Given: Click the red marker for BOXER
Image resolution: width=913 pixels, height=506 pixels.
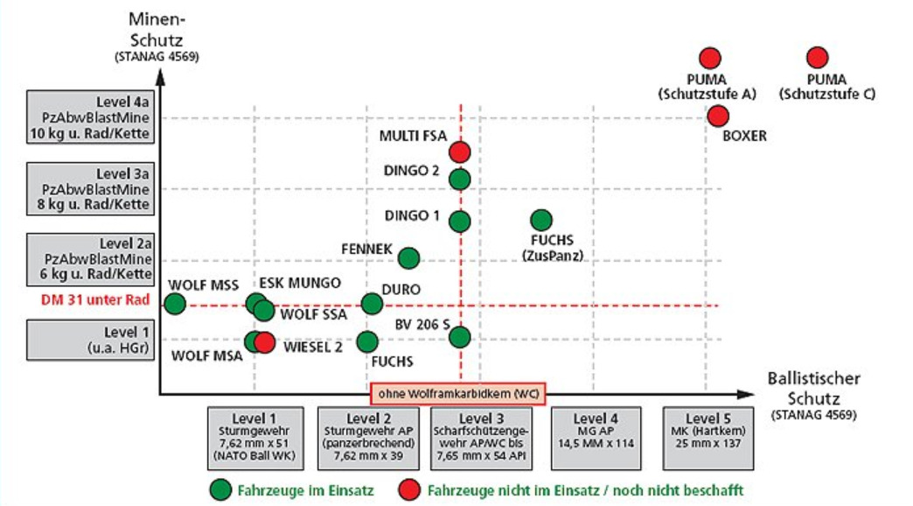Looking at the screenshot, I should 718,116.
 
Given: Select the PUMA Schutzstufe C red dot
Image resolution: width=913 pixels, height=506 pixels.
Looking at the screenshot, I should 817,58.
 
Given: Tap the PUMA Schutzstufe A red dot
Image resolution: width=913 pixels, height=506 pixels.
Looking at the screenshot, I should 709,58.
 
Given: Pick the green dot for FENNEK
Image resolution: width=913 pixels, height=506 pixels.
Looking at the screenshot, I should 408,257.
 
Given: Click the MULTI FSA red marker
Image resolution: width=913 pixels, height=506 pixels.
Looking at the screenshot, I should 460,151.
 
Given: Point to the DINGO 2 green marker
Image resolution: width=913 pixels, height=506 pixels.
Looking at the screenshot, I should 460,179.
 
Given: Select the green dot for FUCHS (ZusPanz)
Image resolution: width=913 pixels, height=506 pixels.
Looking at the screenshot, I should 541,220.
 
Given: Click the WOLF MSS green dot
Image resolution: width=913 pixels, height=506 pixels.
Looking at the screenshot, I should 175,304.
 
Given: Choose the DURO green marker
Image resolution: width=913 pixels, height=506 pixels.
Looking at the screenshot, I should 372,304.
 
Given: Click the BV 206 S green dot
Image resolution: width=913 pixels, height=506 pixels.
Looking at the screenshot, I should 461,336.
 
